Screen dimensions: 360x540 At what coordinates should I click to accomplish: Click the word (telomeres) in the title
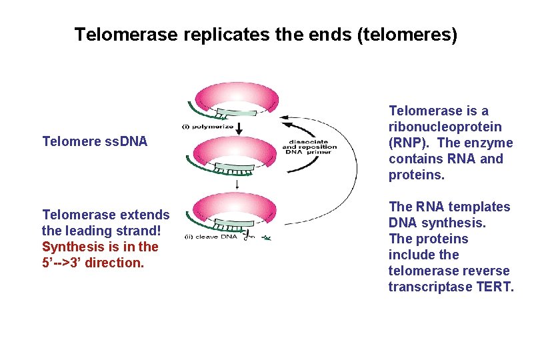point(407,34)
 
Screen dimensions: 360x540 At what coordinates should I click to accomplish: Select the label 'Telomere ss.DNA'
point(95,141)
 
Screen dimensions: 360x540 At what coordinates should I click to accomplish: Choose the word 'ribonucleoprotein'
point(445,127)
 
